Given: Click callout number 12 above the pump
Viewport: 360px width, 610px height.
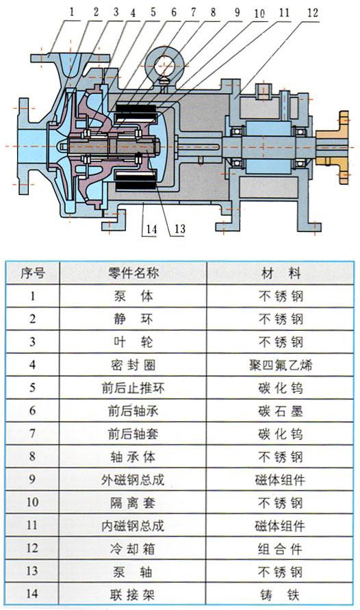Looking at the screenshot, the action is pyautogui.click(x=313, y=13).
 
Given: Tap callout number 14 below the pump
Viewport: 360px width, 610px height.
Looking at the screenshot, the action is pyautogui.click(x=151, y=229).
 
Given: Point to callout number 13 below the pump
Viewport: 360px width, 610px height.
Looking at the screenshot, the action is pyautogui.click(x=179, y=229).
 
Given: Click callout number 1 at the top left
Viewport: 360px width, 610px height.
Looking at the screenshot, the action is pyautogui.click(x=72, y=12).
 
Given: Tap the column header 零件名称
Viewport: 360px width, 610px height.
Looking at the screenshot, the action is pyautogui.click(x=133, y=273).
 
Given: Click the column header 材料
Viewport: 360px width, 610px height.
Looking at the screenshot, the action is pyautogui.click(x=281, y=273).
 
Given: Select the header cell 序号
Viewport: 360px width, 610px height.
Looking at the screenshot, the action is pyautogui.click(x=33, y=273).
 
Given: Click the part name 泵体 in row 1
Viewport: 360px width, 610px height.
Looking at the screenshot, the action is pyautogui.click(x=133, y=296).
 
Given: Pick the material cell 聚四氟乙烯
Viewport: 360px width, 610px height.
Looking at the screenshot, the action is pyautogui.click(x=281, y=366).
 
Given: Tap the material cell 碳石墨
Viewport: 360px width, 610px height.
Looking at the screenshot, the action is pyautogui.click(x=281, y=411).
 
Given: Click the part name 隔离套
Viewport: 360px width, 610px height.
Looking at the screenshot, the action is pyautogui.click(x=133, y=503).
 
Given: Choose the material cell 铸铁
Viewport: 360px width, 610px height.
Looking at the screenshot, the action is pyautogui.click(x=281, y=595).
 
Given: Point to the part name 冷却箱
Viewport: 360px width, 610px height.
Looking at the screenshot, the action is pyautogui.click(x=133, y=549).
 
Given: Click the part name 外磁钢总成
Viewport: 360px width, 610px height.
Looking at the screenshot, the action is pyautogui.click(x=133, y=480).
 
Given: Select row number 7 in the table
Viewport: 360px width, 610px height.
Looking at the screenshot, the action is pyautogui.click(x=32, y=433).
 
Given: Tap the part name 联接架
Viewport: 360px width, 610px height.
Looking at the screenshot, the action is pyautogui.click(x=133, y=595).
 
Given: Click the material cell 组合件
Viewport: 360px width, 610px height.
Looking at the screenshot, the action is pyautogui.click(x=281, y=549).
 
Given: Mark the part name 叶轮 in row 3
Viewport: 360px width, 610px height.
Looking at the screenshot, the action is pyautogui.click(x=133, y=342).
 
